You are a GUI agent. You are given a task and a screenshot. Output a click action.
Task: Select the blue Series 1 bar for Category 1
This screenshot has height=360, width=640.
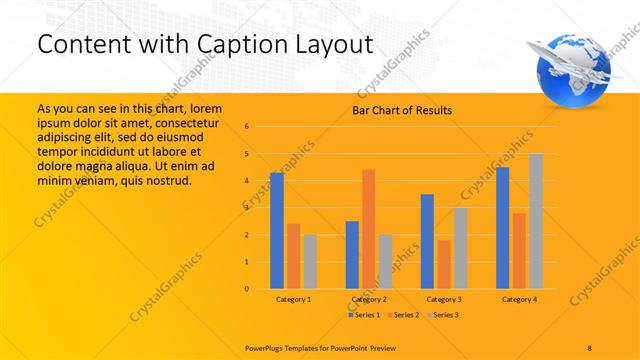[277, 230]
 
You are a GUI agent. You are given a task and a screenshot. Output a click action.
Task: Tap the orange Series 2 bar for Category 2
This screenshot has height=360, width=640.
[368, 229]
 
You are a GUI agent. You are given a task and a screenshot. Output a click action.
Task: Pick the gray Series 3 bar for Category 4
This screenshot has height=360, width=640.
[536, 221]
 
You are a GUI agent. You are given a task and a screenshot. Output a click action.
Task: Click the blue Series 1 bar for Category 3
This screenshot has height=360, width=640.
[427, 241]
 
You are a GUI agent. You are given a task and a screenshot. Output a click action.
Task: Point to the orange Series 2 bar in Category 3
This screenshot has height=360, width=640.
[444, 264]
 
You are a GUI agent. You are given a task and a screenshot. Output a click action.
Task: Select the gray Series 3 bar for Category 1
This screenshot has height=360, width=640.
[310, 261]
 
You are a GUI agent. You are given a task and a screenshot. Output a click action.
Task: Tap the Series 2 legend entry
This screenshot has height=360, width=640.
[404, 315]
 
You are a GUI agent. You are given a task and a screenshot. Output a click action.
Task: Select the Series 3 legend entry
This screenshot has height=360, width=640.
[444, 315]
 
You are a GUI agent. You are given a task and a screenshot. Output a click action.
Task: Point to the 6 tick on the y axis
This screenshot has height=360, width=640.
[261, 127]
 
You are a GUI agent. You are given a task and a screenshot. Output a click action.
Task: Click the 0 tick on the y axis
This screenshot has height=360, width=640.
[261, 289]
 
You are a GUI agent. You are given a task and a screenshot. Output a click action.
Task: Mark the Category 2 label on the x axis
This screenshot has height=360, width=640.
[369, 299]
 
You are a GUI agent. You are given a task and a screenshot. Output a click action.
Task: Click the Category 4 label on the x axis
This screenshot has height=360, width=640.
[519, 299]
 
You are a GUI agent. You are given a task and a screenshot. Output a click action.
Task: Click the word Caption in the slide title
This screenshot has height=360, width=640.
[254, 44]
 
